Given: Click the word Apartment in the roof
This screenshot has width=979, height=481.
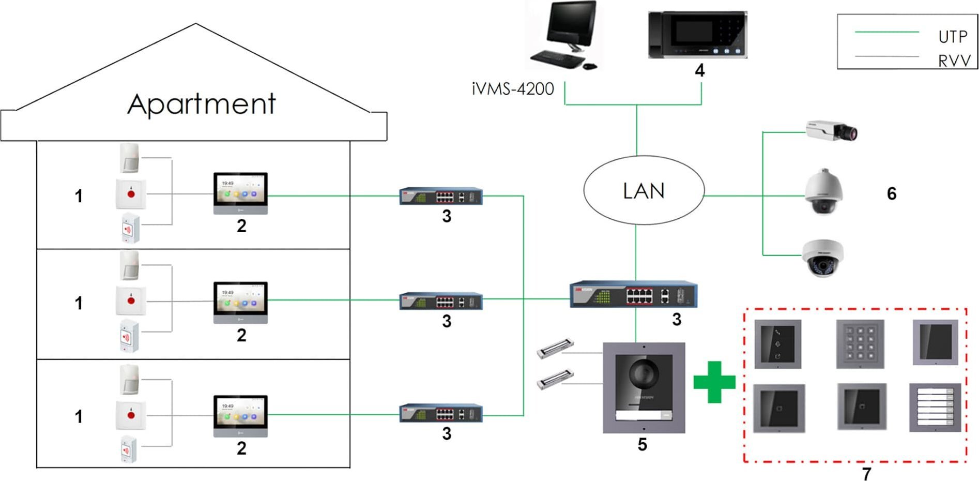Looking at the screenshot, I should point(202,104).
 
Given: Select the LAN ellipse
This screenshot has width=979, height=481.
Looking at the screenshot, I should point(644,190).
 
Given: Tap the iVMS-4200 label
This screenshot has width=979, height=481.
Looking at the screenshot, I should point(513,89).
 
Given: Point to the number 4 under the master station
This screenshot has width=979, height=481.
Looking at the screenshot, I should point(699,70).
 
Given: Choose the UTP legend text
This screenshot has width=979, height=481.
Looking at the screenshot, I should point(953,37).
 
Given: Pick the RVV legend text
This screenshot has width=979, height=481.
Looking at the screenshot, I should point(954,61).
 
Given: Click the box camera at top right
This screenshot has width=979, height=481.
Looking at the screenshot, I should point(831,130).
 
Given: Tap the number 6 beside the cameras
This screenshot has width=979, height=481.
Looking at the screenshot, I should point(892,193).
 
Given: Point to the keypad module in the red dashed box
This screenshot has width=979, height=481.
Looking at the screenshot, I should point(860,344).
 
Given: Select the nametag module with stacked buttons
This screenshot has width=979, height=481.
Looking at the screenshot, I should point(935,408).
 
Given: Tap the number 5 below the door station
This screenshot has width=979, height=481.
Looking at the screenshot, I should point(642,444).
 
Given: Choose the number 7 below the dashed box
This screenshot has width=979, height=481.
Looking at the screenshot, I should point(867,473).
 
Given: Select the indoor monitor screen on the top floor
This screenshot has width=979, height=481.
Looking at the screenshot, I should point(240,189).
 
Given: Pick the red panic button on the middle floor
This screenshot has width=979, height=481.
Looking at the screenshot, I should point(131,300).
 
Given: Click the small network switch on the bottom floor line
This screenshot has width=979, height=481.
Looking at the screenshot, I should point(441,414).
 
